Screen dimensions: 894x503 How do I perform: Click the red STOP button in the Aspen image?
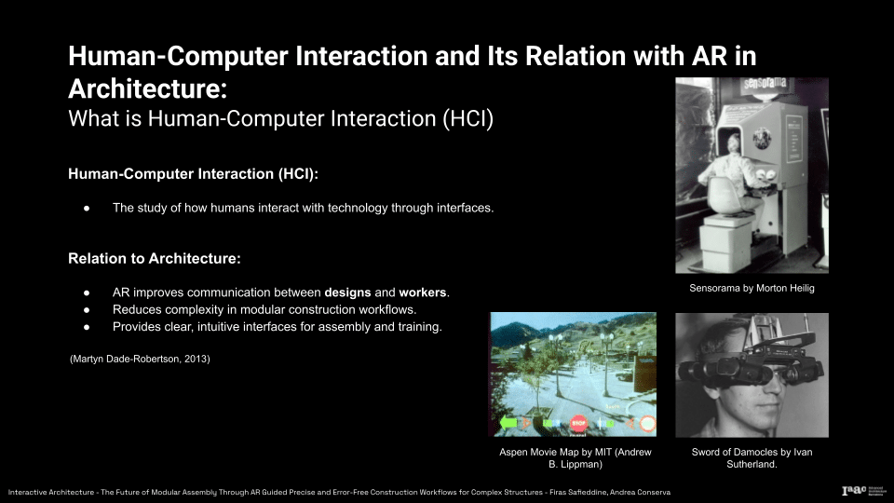578,423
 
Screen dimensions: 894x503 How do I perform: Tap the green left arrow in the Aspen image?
508,423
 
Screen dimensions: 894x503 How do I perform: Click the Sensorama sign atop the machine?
765,84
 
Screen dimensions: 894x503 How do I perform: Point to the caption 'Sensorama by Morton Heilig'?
752,288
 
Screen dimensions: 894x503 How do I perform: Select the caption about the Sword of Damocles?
752,458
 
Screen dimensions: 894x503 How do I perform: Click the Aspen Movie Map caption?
575,458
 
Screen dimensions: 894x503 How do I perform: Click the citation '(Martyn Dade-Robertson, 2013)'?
140,359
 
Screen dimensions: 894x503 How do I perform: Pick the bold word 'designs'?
347,292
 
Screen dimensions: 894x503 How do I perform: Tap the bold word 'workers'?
423,292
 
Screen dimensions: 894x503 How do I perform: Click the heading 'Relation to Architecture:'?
155,258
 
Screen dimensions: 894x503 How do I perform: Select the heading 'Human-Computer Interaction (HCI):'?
194,174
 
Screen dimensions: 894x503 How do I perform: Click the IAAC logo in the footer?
854,491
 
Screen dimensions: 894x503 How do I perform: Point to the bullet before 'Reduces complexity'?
87,310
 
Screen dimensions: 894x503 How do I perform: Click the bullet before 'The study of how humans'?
87,209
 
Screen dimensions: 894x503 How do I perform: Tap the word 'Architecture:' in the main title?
148,89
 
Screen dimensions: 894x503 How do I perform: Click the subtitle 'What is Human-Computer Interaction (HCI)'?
280,118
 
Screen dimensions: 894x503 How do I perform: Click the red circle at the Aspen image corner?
648,424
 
